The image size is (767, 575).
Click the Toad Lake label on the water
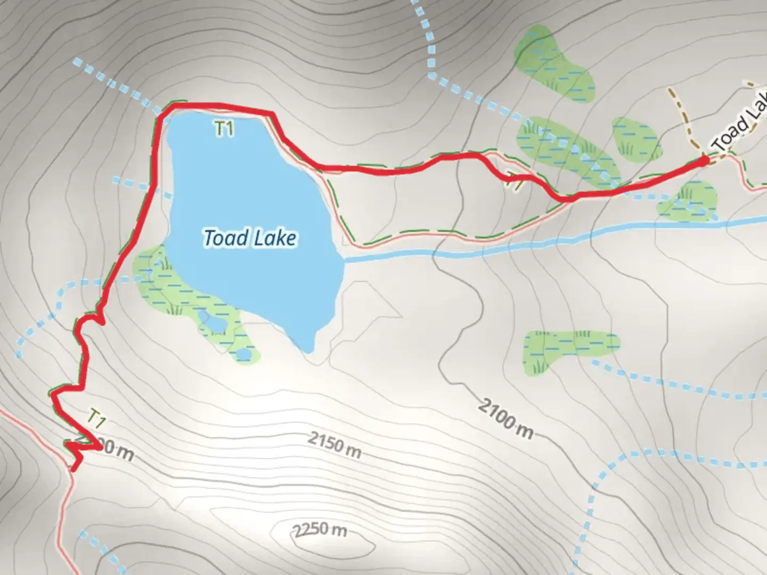point(250,237)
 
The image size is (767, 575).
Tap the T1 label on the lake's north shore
point(224,128)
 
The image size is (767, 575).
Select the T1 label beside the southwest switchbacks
point(96,418)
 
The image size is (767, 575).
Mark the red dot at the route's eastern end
point(704,159)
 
